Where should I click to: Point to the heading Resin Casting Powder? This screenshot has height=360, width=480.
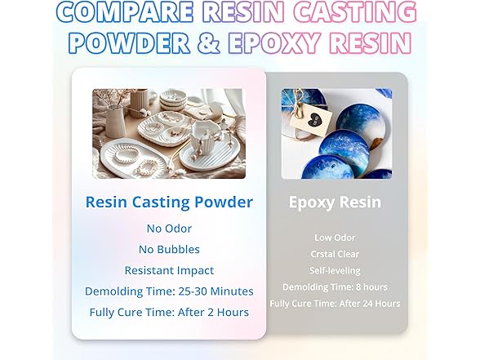pyautogui.click(x=169, y=202)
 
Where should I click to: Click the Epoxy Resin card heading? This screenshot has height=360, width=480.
pyautogui.click(x=335, y=202)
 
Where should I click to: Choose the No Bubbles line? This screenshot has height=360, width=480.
pyautogui.click(x=169, y=250)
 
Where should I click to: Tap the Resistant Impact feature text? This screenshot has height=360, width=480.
pyautogui.click(x=169, y=270)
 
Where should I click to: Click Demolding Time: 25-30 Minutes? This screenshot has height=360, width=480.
pyautogui.click(x=169, y=291)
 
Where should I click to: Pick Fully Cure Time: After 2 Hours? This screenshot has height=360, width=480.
pyautogui.click(x=169, y=311)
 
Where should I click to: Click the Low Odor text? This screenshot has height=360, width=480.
pyautogui.click(x=335, y=237)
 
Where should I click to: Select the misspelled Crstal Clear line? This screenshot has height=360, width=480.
pyautogui.click(x=335, y=253)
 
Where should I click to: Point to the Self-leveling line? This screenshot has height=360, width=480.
pyautogui.click(x=335, y=269)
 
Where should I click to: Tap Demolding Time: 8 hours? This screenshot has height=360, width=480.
pyautogui.click(x=335, y=287)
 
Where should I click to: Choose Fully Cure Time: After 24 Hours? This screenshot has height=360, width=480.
pyautogui.click(x=335, y=303)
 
